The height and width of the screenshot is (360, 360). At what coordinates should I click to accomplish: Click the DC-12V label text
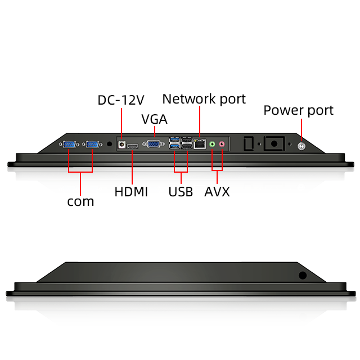click(121, 100)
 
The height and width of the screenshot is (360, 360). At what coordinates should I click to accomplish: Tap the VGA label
click(154, 119)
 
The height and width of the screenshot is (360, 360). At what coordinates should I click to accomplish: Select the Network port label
click(204, 99)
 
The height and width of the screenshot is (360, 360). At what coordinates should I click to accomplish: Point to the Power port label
click(298, 110)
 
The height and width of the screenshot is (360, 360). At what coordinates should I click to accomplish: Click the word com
click(80, 201)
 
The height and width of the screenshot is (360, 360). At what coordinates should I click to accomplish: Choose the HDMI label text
click(131, 191)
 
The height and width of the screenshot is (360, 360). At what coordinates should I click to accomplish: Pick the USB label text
click(181, 191)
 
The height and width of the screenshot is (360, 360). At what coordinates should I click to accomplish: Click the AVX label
click(217, 191)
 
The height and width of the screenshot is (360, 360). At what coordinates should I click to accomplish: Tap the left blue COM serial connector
click(70, 145)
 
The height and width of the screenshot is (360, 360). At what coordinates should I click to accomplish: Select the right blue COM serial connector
click(92, 145)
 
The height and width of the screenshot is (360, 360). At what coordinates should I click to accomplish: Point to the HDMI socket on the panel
click(133, 146)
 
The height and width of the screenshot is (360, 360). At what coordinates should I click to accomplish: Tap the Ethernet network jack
click(200, 145)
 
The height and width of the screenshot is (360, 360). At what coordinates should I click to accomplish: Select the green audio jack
click(212, 145)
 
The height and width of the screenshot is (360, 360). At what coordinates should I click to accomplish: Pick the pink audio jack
click(222, 145)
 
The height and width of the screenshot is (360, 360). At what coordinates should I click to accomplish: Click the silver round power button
click(301, 146)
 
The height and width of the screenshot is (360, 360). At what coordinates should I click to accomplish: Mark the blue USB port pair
click(174, 144)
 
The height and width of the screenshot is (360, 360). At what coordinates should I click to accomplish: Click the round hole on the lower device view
click(302, 275)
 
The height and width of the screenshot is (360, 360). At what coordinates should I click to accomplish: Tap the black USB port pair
click(187, 144)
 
